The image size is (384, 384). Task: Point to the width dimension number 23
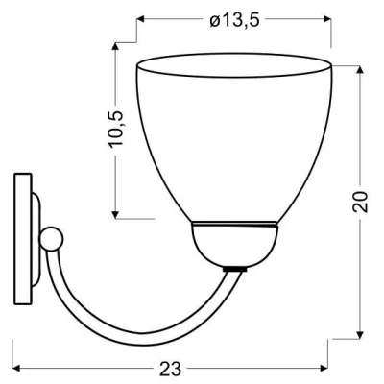(174, 369)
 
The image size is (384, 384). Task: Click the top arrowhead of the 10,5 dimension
(116, 46)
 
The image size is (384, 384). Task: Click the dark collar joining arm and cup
(232, 268)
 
